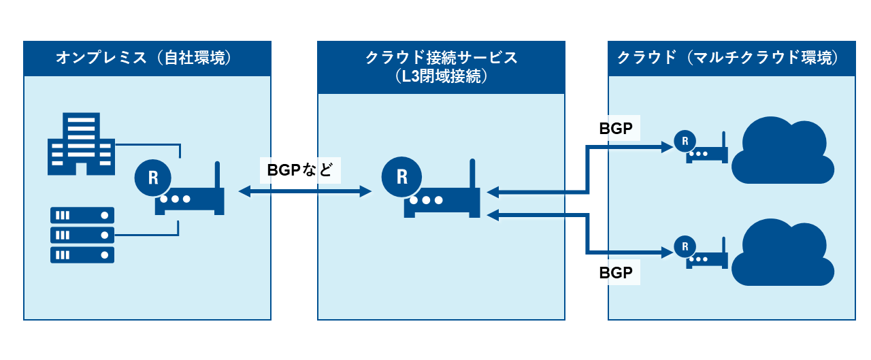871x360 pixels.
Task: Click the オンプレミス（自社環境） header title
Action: click(147, 58)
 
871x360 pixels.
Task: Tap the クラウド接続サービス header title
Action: click(441, 58)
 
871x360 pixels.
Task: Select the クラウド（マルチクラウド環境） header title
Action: click(732, 58)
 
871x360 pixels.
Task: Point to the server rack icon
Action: click(82, 235)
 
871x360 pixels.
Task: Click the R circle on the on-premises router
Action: click(152, 178)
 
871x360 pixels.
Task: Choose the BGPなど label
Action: click(300, 170)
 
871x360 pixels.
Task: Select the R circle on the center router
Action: click(401, 176)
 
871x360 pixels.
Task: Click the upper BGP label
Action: click(616, 129)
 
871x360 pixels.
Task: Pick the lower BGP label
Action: click(616, 274)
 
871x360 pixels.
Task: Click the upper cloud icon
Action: click(783, 150)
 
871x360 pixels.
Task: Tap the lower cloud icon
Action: click(783, 252)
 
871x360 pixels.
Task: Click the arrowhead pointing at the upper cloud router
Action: click(667, 146)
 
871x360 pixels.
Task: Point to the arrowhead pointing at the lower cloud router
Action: click(667, 253)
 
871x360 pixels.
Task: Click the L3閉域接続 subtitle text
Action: click(441, 77)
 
